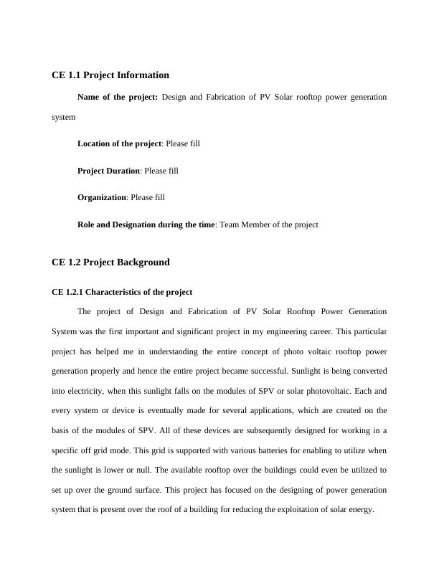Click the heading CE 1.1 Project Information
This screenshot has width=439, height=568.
click(110, 75)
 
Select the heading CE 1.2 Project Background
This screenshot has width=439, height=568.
click(110, 262)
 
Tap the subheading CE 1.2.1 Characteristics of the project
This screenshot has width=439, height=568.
click(122, 292)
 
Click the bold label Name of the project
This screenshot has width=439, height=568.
click(117, 96)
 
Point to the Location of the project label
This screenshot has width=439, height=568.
click(119, 143)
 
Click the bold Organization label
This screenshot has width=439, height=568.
click(102, 197)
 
